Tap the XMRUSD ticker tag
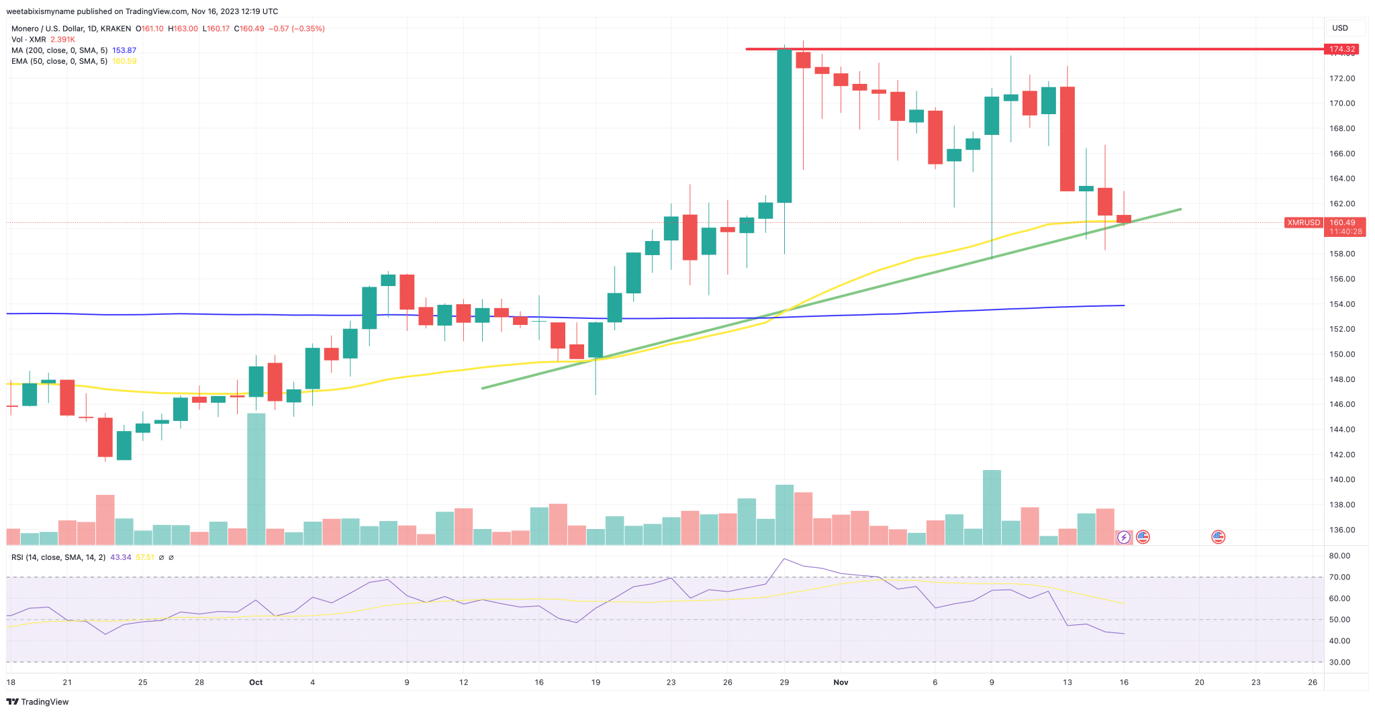click(1303, 222)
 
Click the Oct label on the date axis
click(256, 682)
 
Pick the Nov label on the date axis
click(841, 682)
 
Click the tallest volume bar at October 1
click(256, 478)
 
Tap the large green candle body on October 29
click(784, 126)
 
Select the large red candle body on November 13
click(1068, 139)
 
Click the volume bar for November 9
click(992, 507)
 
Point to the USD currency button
click(1340, 28)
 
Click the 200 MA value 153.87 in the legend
click(124, 50)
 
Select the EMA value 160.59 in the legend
click(124, 61)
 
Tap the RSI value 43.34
click(121, 557)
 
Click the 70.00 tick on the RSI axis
click(1339, 577)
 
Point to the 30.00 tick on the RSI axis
click(1339, 662)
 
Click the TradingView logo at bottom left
click(38, 702)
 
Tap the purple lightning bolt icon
click(1123, 537)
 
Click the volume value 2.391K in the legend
click(62, 40)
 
